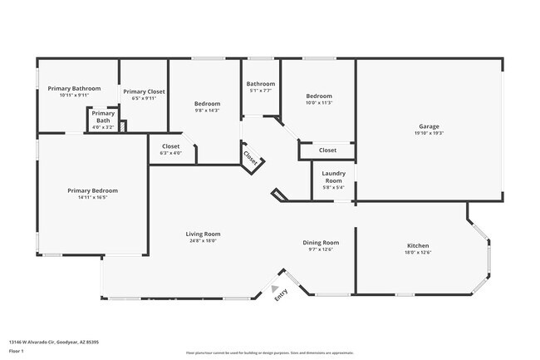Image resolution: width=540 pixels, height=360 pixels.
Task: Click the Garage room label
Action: pyautogui.click(x=429, y=126)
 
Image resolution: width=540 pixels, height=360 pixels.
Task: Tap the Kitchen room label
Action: pyautogui.click(x=417, y=245)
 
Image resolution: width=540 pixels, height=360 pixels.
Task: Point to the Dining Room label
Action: pyautogui.click(x=320, y=243)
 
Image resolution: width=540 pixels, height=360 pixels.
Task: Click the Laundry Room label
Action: pyautogui.click(x=333, y=177)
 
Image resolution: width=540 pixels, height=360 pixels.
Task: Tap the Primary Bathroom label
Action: pyautogui.click(x=74, y=88)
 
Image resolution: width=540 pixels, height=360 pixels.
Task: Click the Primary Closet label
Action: pyautogui.click(x=144, y=91)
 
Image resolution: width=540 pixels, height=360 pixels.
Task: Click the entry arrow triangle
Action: pyautogui.click(x=276, y=288)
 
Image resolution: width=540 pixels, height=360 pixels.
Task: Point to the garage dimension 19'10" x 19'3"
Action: pyautogui.click(x=429, y=133)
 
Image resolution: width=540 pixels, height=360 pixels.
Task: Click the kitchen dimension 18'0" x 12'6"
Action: pyautogui.click(x=417, y=252)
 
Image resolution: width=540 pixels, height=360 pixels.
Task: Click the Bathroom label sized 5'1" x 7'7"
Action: pyautogui.click(x=260, y=83)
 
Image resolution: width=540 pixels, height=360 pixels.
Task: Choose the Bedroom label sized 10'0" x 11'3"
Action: pyautogui.click(x=319, y=96)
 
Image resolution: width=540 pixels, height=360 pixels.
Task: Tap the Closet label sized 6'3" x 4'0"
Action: pyautogui.click(x=170, y=146)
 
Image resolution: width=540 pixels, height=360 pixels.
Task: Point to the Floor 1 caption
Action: pyautogui.click(x=17, y=351)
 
